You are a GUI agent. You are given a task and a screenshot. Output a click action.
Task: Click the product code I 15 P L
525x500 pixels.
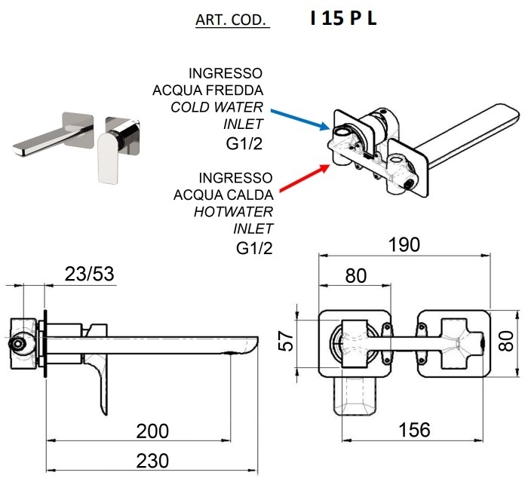pyautogui.click(x=343, y=19)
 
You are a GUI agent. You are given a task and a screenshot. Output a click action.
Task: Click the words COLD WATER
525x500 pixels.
pyautogui.click(x=217, y=107)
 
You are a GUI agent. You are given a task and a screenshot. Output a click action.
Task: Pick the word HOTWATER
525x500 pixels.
pyautogui.click(x=234, y=211)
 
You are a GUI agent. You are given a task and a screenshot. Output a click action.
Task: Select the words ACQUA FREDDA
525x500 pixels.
pyautogui.click(x=208, y=90)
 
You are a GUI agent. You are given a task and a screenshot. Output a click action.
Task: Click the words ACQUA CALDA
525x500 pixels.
pyautogui.click(x=223, y=195)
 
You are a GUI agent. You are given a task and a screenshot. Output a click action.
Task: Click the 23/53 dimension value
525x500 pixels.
pyautogui.click(x=88, y=275)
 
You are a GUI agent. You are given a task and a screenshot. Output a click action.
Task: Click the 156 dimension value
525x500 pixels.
pyautogui.click(x=413, y=430)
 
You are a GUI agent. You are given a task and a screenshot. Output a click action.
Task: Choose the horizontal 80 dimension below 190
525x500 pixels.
pyautogui.click(x=355, y=275)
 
